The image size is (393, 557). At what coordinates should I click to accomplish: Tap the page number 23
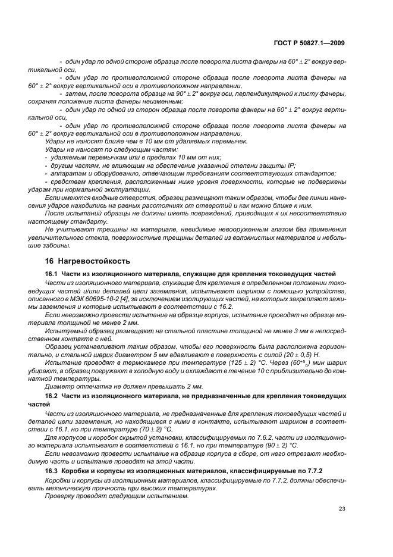tap(341, 508)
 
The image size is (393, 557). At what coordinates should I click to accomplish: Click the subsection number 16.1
tap(52, 273)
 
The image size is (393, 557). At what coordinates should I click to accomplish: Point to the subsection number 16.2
tap(52, 395)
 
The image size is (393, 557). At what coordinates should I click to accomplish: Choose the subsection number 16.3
tap(52, 471)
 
